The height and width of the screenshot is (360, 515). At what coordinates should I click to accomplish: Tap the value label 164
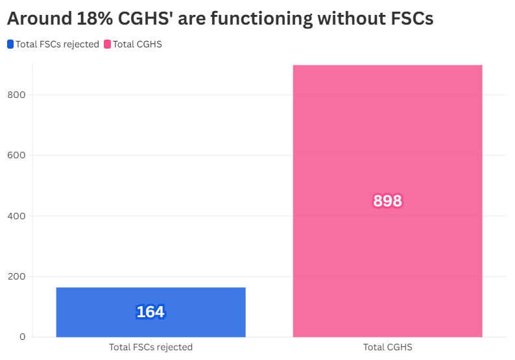(x=150, y=312)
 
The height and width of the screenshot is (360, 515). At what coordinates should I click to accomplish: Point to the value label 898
(x=387, y=201)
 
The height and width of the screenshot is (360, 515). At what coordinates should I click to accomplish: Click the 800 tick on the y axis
(x=18, y=95)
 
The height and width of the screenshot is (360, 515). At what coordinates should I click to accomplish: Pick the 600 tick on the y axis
(x=18, y=156)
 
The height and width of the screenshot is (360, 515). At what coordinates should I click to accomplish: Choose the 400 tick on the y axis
(x=18, y=216)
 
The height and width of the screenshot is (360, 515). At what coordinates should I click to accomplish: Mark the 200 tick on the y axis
(x=18, y=276)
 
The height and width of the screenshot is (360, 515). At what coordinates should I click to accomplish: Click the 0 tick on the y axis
(x=22, y=337)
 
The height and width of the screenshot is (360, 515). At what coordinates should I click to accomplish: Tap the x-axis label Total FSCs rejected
(x=150, y=347)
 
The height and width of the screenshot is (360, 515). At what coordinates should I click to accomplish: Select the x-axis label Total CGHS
(x=387, y=347)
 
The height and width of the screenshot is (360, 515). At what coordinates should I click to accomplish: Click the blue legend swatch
(x=10, y=45)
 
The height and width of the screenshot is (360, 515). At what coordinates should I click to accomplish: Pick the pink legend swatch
(x=108, y=45)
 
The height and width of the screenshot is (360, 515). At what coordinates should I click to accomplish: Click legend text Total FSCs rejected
(x=57, y=45)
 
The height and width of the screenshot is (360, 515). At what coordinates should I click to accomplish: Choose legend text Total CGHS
(x=138, y=45)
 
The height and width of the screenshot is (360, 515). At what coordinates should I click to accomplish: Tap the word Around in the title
(x=38, y=19)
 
